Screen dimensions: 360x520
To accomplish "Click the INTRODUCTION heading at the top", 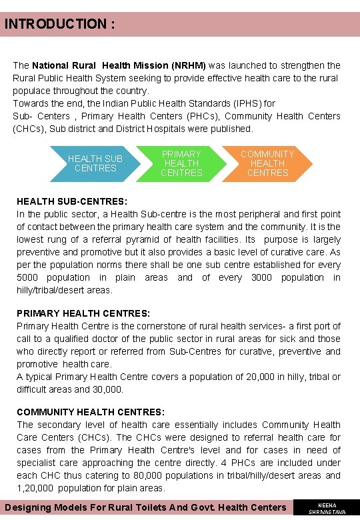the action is [x=60, y=25].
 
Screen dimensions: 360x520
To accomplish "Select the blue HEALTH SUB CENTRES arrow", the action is [x=95, y=163].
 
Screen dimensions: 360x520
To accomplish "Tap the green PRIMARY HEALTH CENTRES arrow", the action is [x=181, y=163].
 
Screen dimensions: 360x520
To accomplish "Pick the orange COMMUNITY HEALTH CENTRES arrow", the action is [x=267, y=163].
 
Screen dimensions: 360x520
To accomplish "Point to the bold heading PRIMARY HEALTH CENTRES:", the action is [x=83, y=313].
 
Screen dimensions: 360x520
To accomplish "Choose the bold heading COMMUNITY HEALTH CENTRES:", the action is [x=91, y=412].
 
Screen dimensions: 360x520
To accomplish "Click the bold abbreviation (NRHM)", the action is [x=189, y=65].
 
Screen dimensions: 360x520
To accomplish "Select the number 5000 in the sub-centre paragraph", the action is [x=28, y=277].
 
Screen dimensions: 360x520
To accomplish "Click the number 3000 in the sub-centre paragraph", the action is [x=262, y=277].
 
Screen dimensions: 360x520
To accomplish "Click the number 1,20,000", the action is [x=37, y=488].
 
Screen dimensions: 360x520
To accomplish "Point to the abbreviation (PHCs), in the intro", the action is [x=195, y=116].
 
